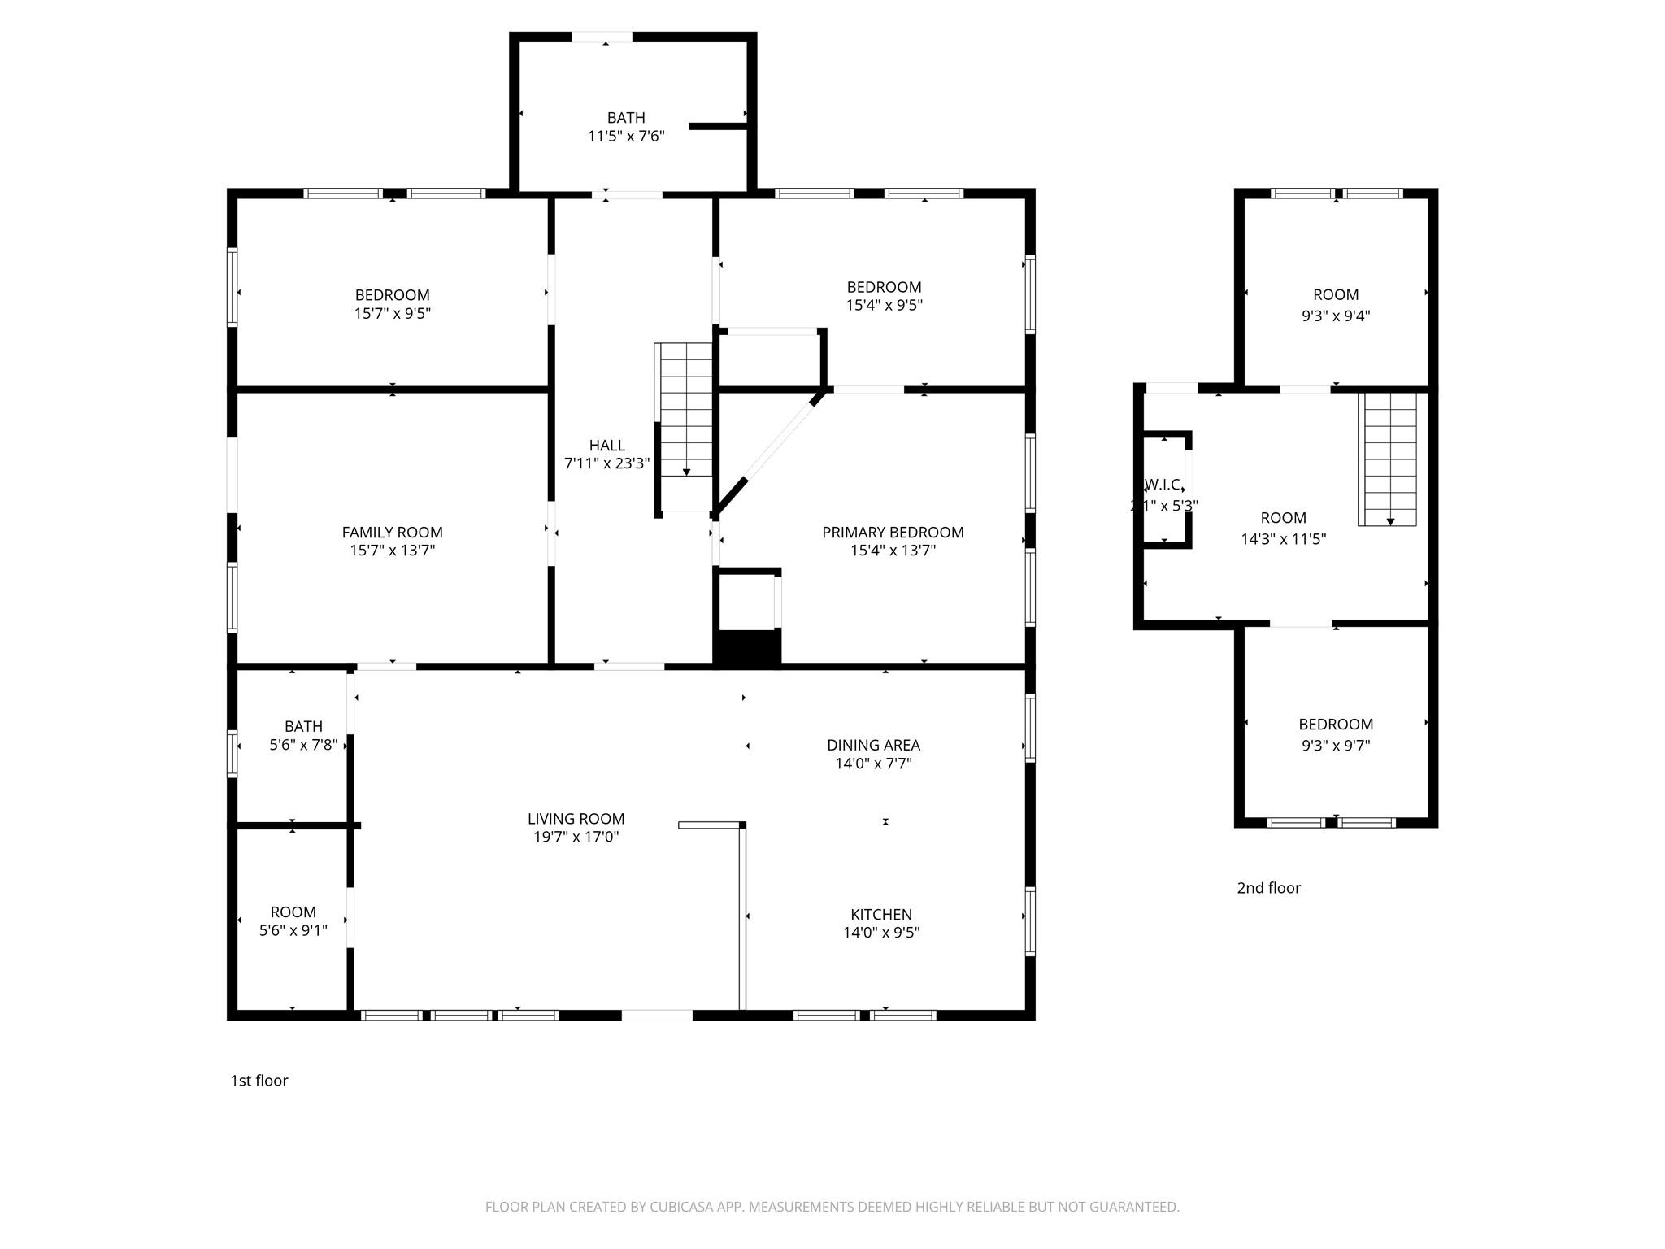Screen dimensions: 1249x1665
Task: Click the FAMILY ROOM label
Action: click(392, 533)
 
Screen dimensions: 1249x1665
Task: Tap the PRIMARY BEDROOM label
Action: click(893, 533)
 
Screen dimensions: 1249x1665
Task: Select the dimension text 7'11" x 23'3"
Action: click(607, 463)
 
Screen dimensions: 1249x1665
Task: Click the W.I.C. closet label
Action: click(1163, 485)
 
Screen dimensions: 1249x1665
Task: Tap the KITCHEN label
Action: click(881, 914)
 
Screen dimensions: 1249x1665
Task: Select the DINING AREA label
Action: click(873, 745)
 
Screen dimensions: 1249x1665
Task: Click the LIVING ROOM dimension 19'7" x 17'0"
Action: click(576, 837)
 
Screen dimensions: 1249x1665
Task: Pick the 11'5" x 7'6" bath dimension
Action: click(626, 136)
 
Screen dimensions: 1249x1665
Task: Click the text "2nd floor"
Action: click(1268, 888)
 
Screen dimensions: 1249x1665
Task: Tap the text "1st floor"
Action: click(259, 1081)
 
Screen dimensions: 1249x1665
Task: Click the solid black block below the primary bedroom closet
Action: click(747, 648)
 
